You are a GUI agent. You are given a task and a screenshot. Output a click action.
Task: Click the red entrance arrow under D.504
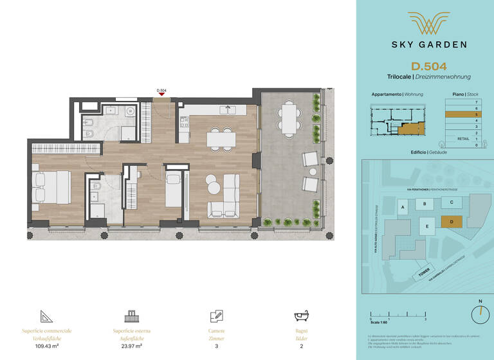(162, 95)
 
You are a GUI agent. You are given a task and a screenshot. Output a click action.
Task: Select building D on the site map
(451, 222)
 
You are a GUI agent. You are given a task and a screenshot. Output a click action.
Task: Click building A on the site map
(403, 208)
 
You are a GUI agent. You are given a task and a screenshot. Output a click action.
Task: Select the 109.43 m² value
(46, 345)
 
